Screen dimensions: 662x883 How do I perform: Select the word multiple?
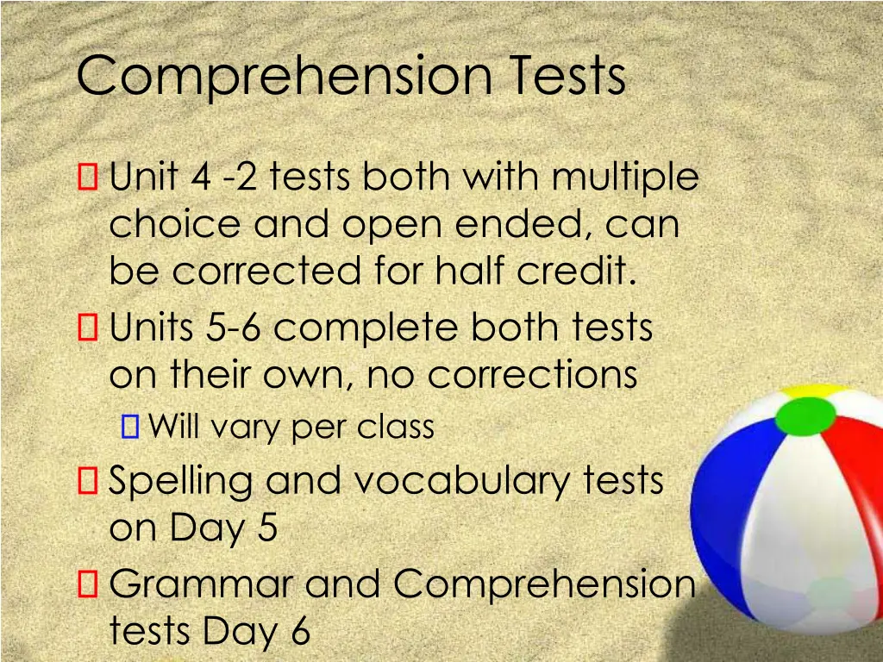click(x=625, y=179)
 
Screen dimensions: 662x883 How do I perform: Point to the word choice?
click(x=174, y=225)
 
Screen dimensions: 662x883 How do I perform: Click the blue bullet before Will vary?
click(x=130, y=426)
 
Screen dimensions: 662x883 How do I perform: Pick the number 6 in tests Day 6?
click(x=299, y=632)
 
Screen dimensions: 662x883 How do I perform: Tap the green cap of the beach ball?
click(x=805, y=415)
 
